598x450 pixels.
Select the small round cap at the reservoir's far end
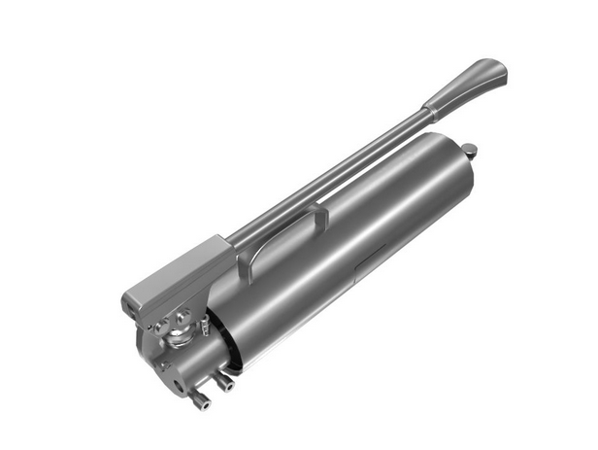click(470, 151)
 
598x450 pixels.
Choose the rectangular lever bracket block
click(175, 277)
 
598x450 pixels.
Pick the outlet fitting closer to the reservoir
click(226, 381)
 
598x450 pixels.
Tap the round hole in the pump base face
click(176, 384)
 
